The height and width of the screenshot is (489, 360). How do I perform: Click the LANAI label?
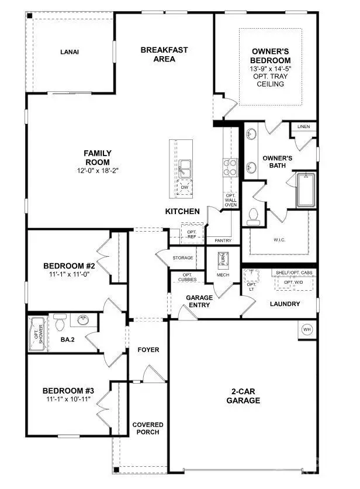point(69,52)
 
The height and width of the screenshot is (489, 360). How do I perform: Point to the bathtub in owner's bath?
point(306,190)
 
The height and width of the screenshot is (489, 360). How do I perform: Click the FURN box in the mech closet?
point(222,259)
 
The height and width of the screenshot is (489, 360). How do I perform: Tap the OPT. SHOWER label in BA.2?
point(37,334)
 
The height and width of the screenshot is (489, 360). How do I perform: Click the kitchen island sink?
point(186,168)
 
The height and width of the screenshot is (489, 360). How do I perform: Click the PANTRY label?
point(223,241)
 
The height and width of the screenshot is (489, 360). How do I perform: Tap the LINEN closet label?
point(303,126)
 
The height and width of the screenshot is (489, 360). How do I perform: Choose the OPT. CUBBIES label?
point(188,278)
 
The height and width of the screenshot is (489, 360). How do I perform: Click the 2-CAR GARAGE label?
point(244,396)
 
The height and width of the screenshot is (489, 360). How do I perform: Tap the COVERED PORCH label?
point(147,428)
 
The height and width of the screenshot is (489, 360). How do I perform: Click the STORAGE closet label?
point(182,258)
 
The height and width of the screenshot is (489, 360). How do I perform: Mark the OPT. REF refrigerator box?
point(191,235)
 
